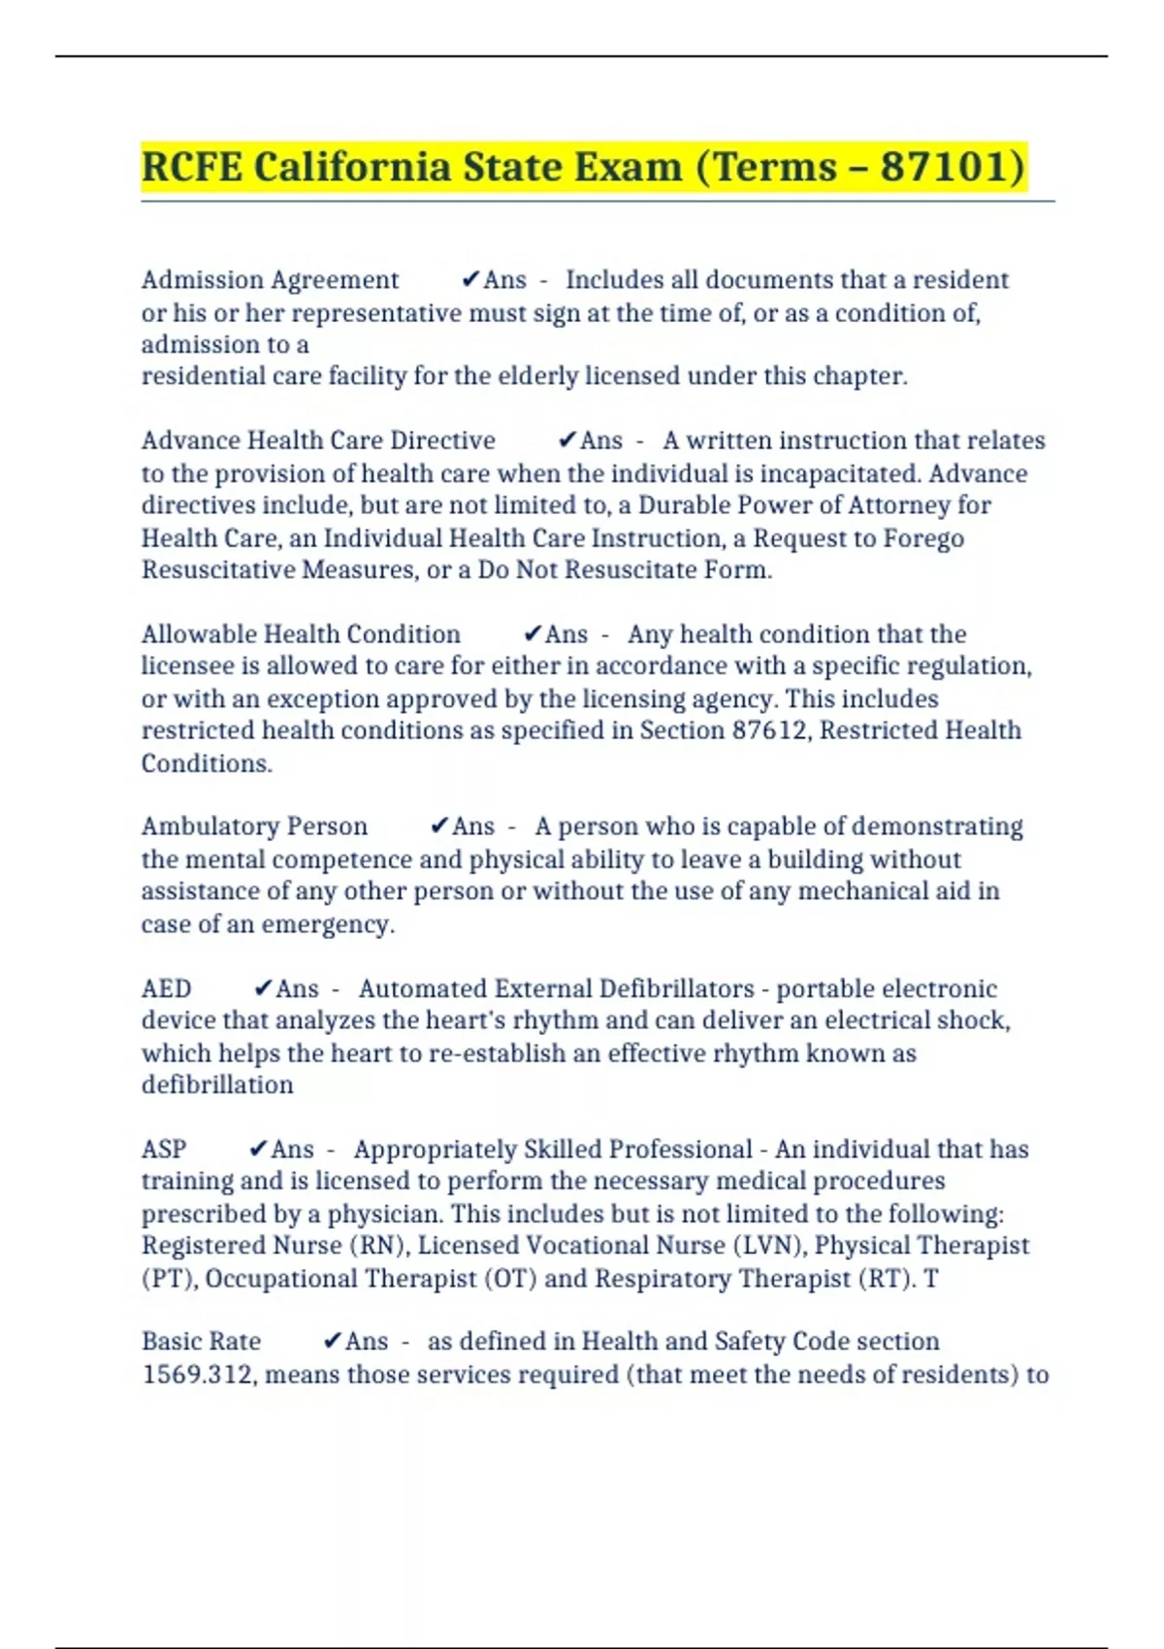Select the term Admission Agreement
tap(270, 280)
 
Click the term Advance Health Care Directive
tap(318, 440)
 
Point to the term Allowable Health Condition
tap(301, 634)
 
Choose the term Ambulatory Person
tap(254, 826)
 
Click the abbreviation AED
tap(166, 988)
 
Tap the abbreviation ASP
tap(164, 1149)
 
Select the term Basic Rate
tap(201, 1342)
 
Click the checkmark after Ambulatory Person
tap(439, 825)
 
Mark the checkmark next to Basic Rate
tap(333, 1341)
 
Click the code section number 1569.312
tap(197, 1374)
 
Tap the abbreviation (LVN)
tap(769, 1245)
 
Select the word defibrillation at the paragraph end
tap(217, 1084)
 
